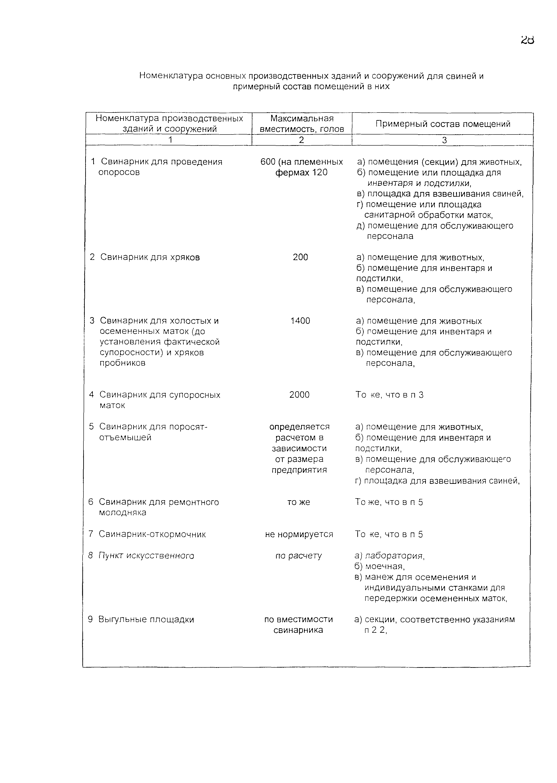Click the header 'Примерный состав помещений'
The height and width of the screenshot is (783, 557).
pyautogui.click(x=443, y=124)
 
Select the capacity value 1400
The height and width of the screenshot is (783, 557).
pyautogui.click(x=300, y=321)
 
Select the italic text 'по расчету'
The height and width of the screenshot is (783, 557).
pyautogui.click(x=298, y=556)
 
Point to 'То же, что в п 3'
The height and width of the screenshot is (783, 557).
pyautogui.click(x=389, y=395)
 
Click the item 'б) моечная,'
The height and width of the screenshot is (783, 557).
pyautogui.click(x=375, y=566)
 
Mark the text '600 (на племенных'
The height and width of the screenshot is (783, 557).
pyautogui.click(x=302, y=162)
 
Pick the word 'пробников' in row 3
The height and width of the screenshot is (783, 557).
pyautogui.click(x=122, y=363)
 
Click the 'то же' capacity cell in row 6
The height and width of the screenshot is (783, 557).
pyautogui.click(x=298, y=502)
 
